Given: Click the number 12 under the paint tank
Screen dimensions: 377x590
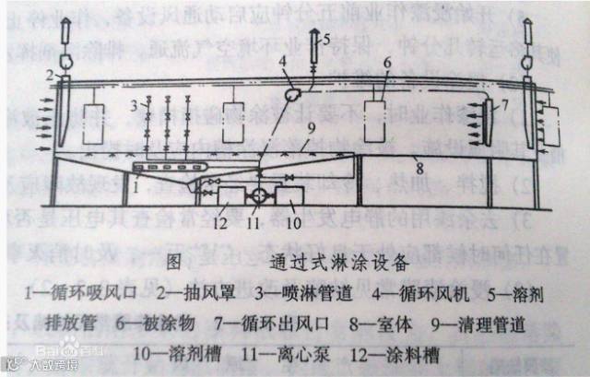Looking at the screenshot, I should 220,222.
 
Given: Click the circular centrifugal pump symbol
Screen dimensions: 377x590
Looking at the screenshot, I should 258,197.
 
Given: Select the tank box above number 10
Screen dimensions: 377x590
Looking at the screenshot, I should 289,197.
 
